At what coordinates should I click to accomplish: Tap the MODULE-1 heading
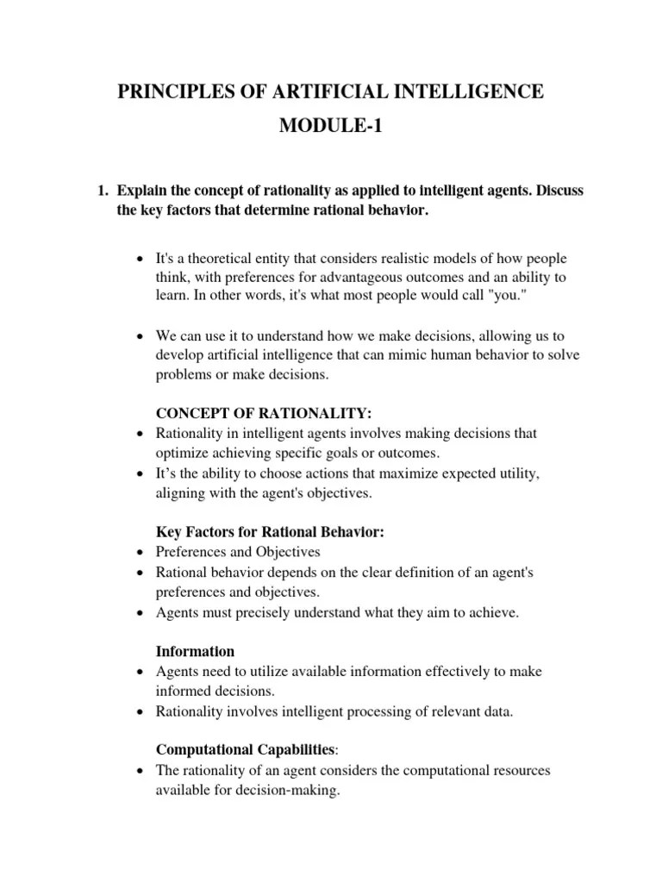tap(330, 128)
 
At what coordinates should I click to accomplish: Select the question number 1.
tap(100, 191)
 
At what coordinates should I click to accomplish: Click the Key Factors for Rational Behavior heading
tap(270, 532)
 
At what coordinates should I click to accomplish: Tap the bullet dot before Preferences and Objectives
tap(141, 553)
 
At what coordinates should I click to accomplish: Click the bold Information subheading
tap(195, 651)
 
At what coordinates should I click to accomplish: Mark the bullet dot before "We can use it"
tap(141, 336)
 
